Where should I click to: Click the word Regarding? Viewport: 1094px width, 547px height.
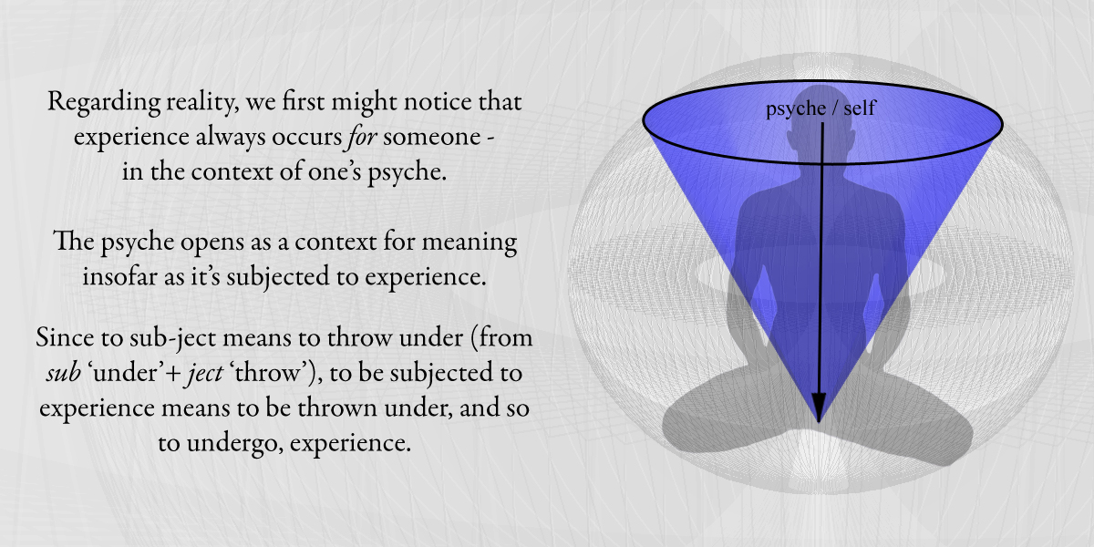point(104,103)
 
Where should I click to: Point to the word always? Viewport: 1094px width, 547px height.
point(232,138)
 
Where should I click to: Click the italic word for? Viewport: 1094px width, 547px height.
point(362,137)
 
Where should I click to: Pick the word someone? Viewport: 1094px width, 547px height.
point(432,137)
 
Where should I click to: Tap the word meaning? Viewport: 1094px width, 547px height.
point(470,243)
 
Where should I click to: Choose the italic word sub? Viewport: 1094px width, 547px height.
point(64,373)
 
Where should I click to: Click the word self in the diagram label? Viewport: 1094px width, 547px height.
point(860,108)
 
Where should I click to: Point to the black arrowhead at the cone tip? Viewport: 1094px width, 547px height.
point(819,408)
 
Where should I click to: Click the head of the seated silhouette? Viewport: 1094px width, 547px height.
point(820,122)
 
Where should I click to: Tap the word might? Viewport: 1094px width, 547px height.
point(365,103)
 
